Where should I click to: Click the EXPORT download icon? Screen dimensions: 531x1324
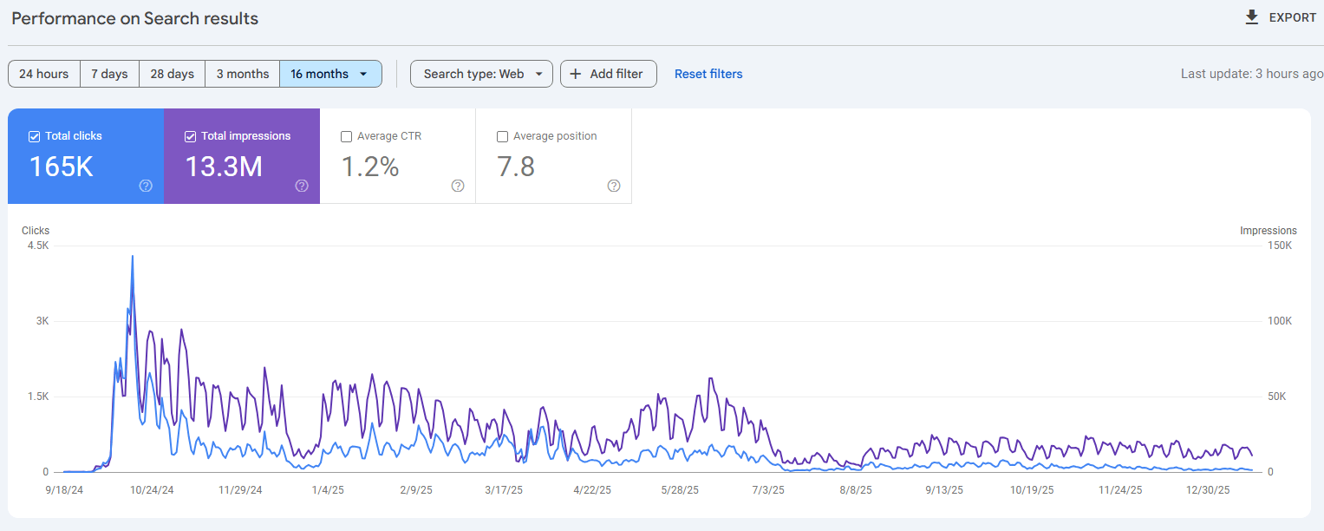click(x=1251, y=17)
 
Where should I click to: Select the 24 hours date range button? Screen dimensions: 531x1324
click(x=44, y=74)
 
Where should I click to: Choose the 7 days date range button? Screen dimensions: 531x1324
click(x=109, y=74)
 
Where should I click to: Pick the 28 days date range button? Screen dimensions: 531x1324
click(x=173, y=74)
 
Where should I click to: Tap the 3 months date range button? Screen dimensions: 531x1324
click(x=243, y=74)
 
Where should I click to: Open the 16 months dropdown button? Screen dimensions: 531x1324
click(x=330, y=74)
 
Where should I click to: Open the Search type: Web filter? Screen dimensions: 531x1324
click(x=481, y=74)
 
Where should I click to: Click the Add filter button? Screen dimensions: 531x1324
click(x=608, y=74)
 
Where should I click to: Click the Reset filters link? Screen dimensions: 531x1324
click(x=708, y=74)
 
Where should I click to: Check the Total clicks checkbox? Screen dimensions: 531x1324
click(x=35, y=136)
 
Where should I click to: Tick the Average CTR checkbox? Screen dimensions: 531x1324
click(x=347, y=136)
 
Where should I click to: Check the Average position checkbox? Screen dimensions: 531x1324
click(x=503, y=136)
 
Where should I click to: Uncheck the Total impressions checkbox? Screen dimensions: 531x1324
click(x=191, y=136)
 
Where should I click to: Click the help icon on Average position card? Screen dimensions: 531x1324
click(x=614, y=185)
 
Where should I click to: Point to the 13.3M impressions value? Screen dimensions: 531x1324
click(x=224, y=167)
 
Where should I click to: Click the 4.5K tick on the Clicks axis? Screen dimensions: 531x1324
click(x=38, y=246)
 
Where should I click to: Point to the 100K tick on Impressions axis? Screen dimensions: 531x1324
click(x=1280, y=321)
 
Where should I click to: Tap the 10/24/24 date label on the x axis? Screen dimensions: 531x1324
click(x=152, y=490)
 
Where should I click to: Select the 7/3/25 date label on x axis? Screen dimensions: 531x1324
click(x=766, y=490)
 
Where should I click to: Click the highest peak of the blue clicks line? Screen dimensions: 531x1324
click(x=133, y=257)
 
